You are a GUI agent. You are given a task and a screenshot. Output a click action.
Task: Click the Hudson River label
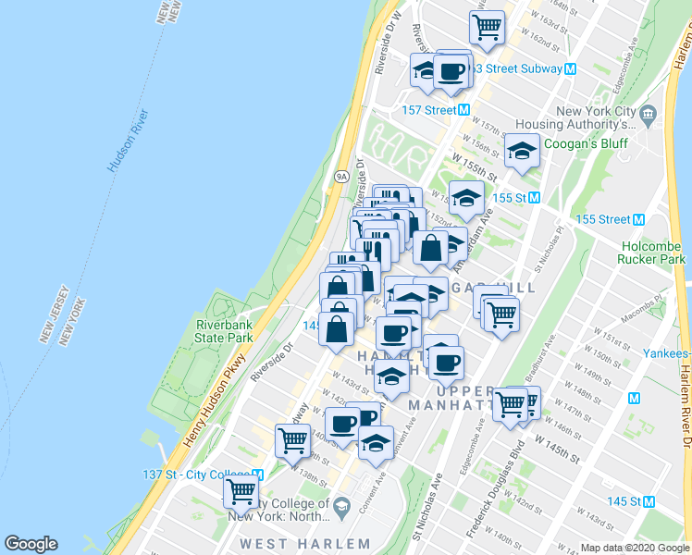tap(128, 142)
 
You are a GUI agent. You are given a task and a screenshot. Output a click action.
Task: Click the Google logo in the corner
tap(31, 544)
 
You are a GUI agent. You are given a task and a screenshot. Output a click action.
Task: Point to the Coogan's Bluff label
tap(585, 143)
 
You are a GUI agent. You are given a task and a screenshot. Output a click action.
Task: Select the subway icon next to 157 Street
tap(466, 110)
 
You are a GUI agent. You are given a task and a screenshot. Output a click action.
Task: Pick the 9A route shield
tap(340, 175)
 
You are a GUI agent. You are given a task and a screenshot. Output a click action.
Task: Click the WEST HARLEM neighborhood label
tap(305, 544)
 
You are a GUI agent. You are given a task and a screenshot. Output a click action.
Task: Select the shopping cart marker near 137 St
tap(241, 490)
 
